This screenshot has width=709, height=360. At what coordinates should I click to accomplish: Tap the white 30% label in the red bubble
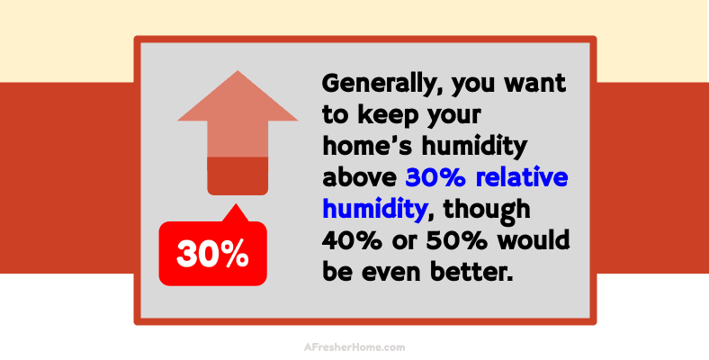213,255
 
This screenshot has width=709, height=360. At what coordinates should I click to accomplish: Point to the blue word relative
523,177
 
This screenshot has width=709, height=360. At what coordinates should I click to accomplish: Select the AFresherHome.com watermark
354,346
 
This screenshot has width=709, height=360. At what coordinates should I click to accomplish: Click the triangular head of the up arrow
238,101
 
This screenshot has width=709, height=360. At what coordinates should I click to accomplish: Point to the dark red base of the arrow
238,175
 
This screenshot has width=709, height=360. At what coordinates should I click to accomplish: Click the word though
489,209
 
